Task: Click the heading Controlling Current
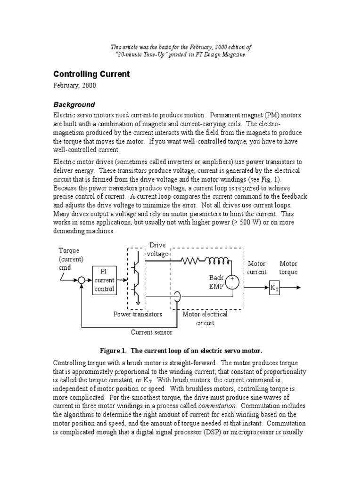(x=91, y=74)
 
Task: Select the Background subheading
(x=74, y=104)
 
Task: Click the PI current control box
(x=104, y=281)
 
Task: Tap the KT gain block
(x=274, y=287)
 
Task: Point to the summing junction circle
(x=81, y=280)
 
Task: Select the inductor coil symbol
(x=217, y=260)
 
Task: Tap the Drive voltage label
(x=157, y=249)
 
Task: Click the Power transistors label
(x=138, y=314)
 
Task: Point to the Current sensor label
(x=151, y=332)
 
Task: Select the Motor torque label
(x=288, y=268)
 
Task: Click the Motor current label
(x=257, y=268)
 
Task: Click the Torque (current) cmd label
(x=71, y=259)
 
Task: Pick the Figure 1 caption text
(x=181, y=351)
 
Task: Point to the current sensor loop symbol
(x=177, y=296)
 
